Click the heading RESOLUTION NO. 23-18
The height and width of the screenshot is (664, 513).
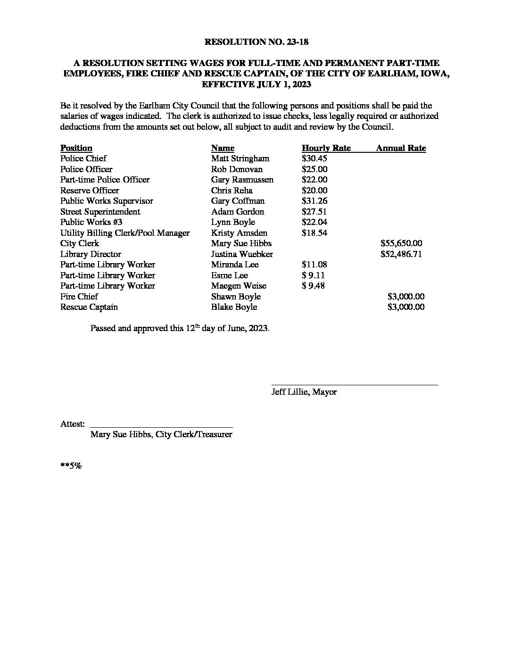[256, 42]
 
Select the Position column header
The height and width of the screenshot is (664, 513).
[76, 148]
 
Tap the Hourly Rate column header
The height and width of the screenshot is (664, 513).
[326, 148]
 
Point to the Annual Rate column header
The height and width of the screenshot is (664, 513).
[401, 148]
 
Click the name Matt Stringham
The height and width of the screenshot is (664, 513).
[240, 158]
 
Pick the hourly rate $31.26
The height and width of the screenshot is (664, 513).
[314, 201]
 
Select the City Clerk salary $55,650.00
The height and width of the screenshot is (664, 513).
[401, 243]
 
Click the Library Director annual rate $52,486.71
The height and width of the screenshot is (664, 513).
[401, 254]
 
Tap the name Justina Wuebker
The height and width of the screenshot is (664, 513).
[242, 254]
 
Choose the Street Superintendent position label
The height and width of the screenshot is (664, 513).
[100, 212]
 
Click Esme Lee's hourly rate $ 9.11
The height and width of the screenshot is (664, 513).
[313, 275]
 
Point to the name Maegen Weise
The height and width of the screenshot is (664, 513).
[239, 286]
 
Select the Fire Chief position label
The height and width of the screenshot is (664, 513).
[79, 297]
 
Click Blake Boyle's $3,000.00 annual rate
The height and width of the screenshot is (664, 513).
[405, 307]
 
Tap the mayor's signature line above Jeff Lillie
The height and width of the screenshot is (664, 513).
[354, 384]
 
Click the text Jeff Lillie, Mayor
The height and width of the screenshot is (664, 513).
[304, 392]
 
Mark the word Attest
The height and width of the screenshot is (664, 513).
[72, 424]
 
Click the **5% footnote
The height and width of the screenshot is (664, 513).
[71, 466]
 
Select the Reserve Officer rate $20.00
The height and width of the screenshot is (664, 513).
[314, 191]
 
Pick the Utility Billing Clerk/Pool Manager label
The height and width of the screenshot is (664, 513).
[125, 233]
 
